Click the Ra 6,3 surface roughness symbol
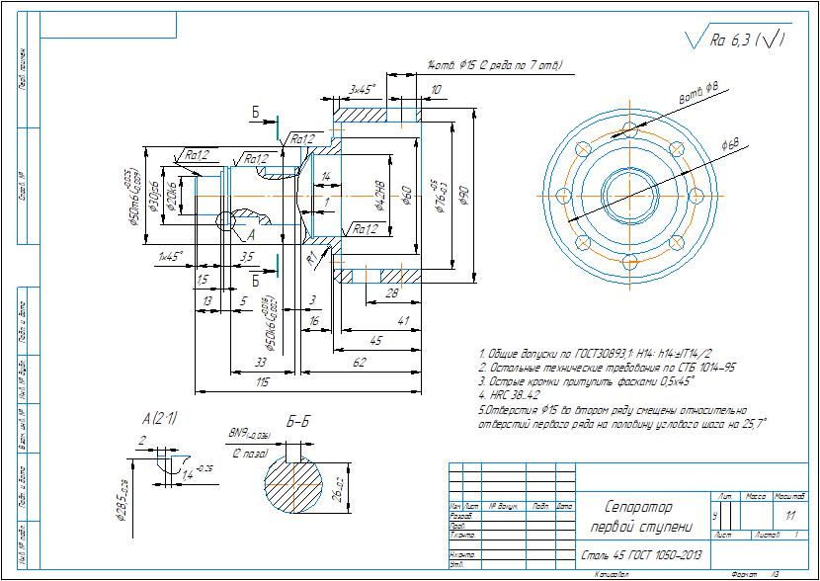pyautogui.click(x=736, y=41)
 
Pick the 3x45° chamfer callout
pyautogui.click(x=363, y=89)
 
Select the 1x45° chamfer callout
pyautogui.click(x=171, y=256)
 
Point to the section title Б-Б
pyautogui.click(x=298, y=422)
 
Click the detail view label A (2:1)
pyautogui.click(x=159, y=418)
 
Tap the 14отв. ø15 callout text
pyautogui.click(x=494, y=65)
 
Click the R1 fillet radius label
pyautogui.click(x=311, y=258)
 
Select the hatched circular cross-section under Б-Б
pyautogui.click(x=293, y=490)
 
